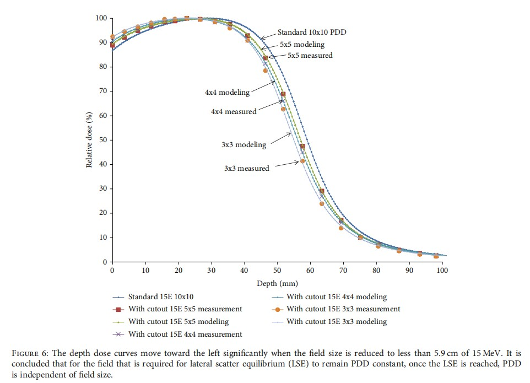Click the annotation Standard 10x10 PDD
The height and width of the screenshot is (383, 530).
click(x=312, y=33)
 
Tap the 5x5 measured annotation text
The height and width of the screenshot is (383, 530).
click(x=310, y=56)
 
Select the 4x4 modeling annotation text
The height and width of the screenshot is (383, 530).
click(x=227, y=93)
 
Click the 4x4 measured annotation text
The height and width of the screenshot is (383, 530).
click(x=234, y=112)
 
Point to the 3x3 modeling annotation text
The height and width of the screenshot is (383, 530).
click(x=244, y=145)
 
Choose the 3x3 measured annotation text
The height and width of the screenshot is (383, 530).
click(x=246, y=169)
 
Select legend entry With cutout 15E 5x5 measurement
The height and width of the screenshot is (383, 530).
click(x=185, y=310)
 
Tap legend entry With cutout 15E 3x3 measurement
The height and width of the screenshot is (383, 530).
click(x=343, y=310)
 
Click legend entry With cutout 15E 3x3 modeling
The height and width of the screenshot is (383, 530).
click(x=337, y=322)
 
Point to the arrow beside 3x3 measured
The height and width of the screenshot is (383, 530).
click(x=287, y=164)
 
